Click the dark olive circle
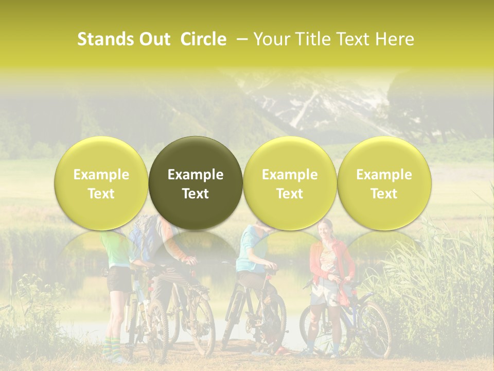click(196, 183)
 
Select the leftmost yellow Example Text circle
click(101, 183)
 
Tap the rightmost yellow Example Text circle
click(384, 183)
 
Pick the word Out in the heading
click(154, 40)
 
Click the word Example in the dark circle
click(196, 175)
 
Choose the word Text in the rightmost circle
click(384, 193)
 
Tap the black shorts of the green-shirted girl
click(118, 278)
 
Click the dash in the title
click(240, 40)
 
